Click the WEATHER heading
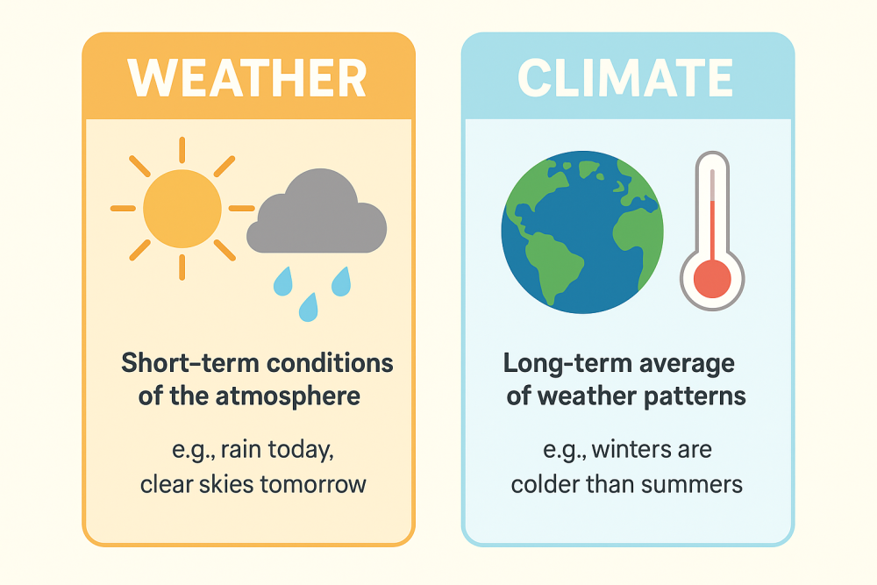click(247, 78)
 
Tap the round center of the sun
click(182, 209)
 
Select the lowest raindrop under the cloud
click(308, 306)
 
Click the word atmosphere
click(288, 396)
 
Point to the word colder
click(546, 483)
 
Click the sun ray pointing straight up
click(182, 150)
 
